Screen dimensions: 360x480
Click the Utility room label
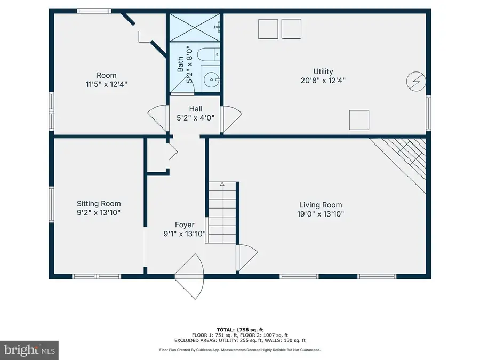point(323,71)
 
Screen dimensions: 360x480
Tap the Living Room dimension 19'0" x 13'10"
point(321,214)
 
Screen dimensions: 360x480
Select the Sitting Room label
point(99,203)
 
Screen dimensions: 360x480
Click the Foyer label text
point(185,225)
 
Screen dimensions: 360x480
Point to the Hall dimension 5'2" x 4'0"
point(195,118)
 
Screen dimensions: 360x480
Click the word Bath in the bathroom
point(181,65)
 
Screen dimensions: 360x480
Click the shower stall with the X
point(195,27)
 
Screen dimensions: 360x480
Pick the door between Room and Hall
point(158,118)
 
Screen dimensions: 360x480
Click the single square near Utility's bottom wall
point(359,119)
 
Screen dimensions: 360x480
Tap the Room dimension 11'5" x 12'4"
point(107,84)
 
